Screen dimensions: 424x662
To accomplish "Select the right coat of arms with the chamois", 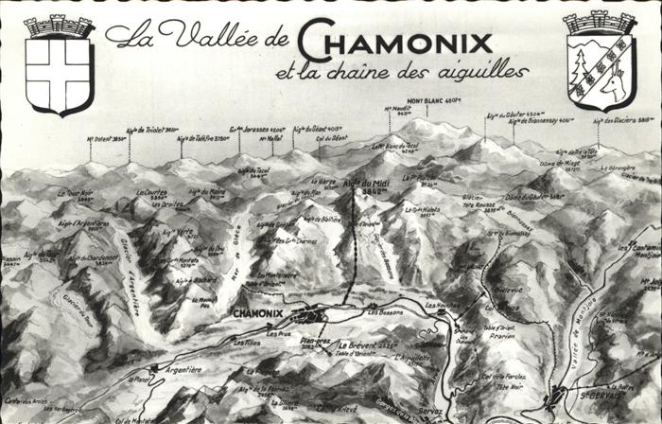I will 601,62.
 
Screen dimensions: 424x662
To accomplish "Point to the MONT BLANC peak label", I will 434,100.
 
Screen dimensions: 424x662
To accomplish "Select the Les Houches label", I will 443,305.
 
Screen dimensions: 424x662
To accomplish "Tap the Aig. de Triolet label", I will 152,130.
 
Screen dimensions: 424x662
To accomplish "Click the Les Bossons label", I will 385,310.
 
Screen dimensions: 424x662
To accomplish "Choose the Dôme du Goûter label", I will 523,196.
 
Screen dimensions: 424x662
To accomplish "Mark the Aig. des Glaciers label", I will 624,121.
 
